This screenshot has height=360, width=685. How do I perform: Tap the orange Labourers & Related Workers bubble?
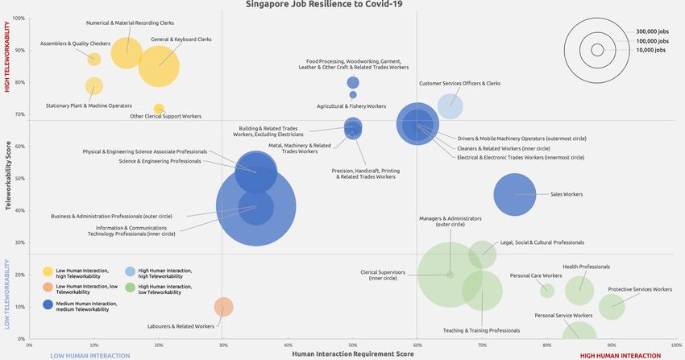click(224, 307)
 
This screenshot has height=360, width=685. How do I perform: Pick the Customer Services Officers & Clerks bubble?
click(450, 106)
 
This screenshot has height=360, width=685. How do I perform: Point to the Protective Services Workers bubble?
click(612, 306)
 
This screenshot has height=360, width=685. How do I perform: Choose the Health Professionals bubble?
click(579, 291)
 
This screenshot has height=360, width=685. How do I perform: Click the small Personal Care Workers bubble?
click(547, 291)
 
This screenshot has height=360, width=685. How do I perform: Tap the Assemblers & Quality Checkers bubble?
click(94, 59)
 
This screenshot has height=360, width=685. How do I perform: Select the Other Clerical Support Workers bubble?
click(159, 109)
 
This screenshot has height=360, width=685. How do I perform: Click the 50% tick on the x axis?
click(353, 344)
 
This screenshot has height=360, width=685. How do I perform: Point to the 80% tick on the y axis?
click(19, 82)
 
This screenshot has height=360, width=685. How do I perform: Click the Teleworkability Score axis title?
click(9, 177)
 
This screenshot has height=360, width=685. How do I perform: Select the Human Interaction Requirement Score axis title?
click(346, 354)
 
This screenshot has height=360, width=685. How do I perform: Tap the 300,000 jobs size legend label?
click(652, 31)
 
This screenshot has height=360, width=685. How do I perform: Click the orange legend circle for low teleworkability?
click(48, 288)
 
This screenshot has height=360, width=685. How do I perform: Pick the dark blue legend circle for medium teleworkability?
click(48, 305)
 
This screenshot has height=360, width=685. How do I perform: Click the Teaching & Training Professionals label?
click(481, 330)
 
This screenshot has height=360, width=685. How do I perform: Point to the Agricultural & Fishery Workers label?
click(351, 106)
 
